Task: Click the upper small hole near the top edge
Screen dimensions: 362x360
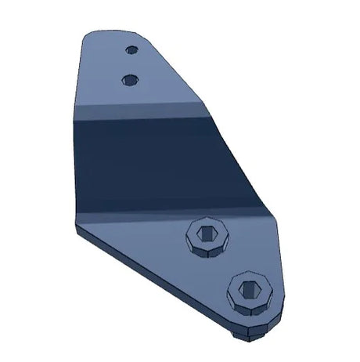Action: pyautogui.click(x=131, y=50)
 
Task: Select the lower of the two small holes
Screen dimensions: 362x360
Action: pyautogui.click(x=130, y=78)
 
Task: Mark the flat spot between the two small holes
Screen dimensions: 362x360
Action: pyautogui.click(x=131, y=64)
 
